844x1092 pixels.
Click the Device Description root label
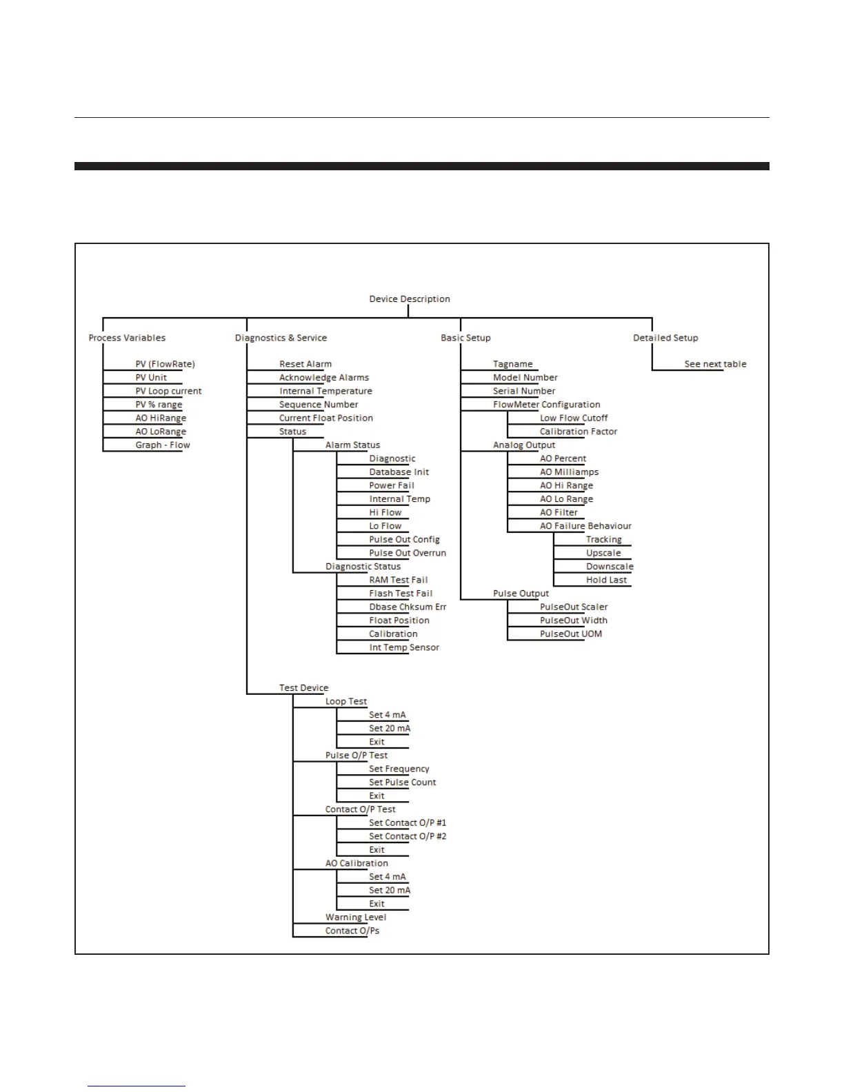[x=410, y=299]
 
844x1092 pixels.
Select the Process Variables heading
[x=127, y=338]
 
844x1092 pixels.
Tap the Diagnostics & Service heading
[x=281, y=338]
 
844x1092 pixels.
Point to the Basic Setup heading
[x=465, y=338]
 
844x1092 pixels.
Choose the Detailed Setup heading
[x=665, y=338]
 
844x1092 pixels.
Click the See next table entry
[x=715, y=364]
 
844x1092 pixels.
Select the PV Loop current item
[x=168, y=391]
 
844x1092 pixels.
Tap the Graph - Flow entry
[x=163, y=445]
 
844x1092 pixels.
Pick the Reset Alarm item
[x=305, y=364]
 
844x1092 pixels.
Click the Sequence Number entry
[x=319, y=405]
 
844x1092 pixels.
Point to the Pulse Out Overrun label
[x=408, y=553]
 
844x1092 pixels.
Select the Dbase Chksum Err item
[x=408, y=607]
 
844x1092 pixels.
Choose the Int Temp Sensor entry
[x=404, y=647]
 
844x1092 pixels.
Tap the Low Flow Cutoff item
[x=574, y=418]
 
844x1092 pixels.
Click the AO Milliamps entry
[x=569, y=472]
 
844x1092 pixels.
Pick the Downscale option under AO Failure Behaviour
[x=610, y=567]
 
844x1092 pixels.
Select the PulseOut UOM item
[x=571, y=634]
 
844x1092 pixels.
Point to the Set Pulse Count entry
[x=402, y=782]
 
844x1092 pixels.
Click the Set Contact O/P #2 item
[x=408, y=836]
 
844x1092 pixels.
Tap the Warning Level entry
[x=356, y=918]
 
